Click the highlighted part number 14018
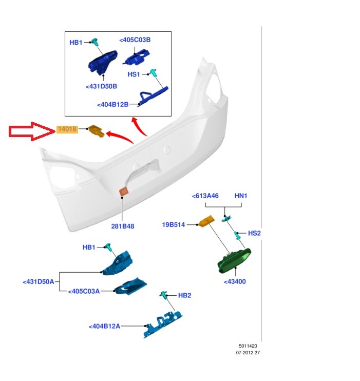click(x=67, y=130)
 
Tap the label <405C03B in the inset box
click(x=135, y=40)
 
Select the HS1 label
click(x=134, y=74)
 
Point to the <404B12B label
click(x=112, y=105)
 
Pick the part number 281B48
click(x=123, y=226)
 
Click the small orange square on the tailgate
click(x=124, y=192)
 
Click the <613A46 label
click(x=205, y=196)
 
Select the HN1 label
click(x=241, y=196)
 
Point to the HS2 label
click(x=254, y=233)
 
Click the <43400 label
click(x=235, y=282)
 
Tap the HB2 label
click(x=184, y=295)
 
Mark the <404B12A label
click(x=104, y=326)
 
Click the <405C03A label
click(x=84, y=291)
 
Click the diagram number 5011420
click(x=249, y=346)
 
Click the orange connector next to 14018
click(x=96, y=131)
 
